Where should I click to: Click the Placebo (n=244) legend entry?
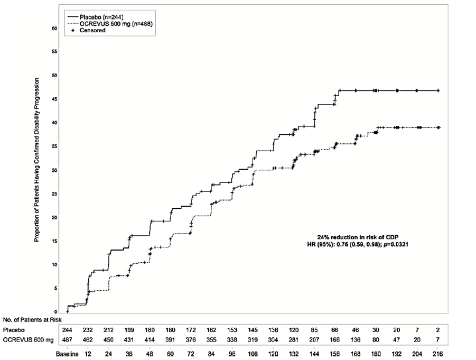95,17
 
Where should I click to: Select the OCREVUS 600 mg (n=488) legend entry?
109,23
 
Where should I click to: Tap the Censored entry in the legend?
88,30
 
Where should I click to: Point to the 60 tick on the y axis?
54,28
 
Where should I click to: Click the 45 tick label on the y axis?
54,99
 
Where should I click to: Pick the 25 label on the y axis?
54,193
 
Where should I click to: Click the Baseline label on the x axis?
67,354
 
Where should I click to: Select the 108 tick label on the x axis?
253,354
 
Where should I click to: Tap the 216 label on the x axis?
437,354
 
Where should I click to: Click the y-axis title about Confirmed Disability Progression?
37,160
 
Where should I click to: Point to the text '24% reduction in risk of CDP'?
358,237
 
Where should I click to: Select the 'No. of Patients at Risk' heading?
32,320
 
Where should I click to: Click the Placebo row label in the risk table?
14,330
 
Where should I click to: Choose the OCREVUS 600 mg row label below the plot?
28,339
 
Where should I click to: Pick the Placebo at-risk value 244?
67,330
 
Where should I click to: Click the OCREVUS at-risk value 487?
67,339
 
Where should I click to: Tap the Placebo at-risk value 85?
314,330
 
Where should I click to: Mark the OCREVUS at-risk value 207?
314,339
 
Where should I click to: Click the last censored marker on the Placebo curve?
438,90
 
